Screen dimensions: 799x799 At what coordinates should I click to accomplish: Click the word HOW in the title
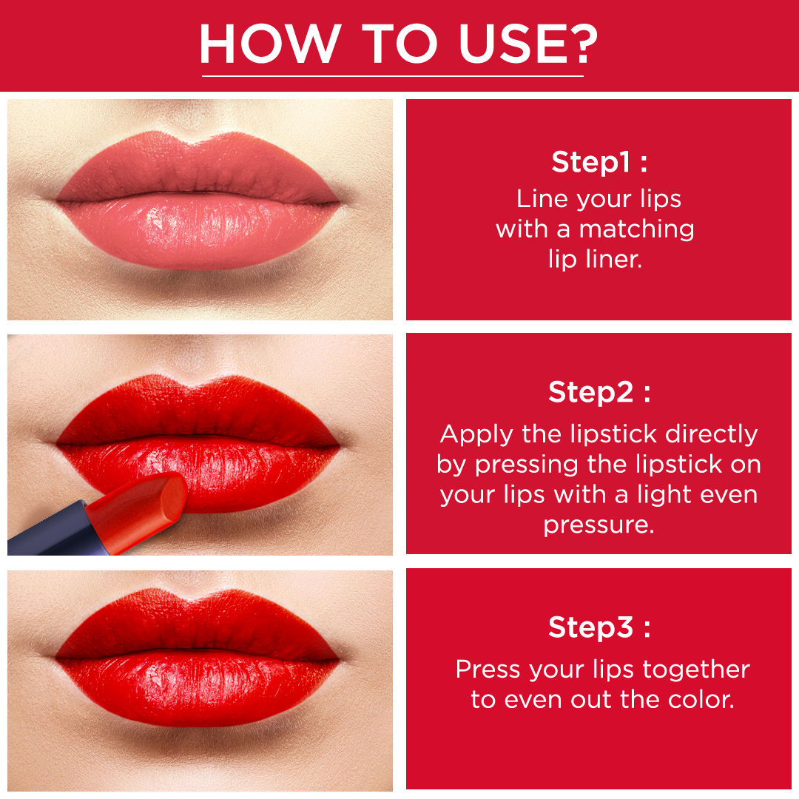pos(271,44)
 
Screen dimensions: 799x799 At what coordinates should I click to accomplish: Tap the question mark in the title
pos(582,44)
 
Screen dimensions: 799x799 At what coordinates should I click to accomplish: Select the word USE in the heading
pos(510,44)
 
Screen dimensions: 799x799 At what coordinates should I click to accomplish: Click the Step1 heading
pos(599,162)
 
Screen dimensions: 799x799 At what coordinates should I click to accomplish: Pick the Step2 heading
pos(599,392)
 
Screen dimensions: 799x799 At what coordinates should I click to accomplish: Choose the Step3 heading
pos(599,627)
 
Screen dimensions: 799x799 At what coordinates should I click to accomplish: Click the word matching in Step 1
pos(636,230)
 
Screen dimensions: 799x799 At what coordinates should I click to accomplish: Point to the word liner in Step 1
pos(613,259)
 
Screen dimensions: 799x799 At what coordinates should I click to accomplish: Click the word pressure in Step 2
pos(599,525)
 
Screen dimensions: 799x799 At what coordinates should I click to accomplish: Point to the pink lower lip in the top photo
pos(199,232)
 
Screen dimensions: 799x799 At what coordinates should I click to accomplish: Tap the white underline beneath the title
pos(392,76)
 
